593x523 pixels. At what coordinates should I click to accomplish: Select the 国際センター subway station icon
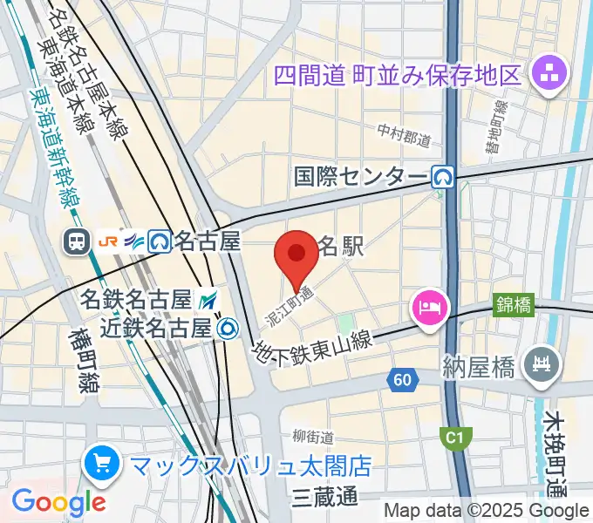click(x=444, y=178)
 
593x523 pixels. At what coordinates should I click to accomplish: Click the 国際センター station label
click(x=361, y=178)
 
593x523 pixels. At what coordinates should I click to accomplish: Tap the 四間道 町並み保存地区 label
click(x=396, y=72)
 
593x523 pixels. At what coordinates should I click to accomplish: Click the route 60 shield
click(x=402, y=379)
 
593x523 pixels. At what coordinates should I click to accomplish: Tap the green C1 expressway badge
click(x=453, y=437)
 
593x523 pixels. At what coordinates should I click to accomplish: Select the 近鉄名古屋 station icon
click(x=229, y=328)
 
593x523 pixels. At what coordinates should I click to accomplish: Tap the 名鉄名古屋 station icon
click(x=208, y=301)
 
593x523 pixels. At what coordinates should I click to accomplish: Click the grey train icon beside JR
click(x=77, y=241)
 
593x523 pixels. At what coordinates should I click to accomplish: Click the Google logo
click(x=58, y=501)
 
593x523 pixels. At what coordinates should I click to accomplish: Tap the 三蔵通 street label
click(x=325, y=497)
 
